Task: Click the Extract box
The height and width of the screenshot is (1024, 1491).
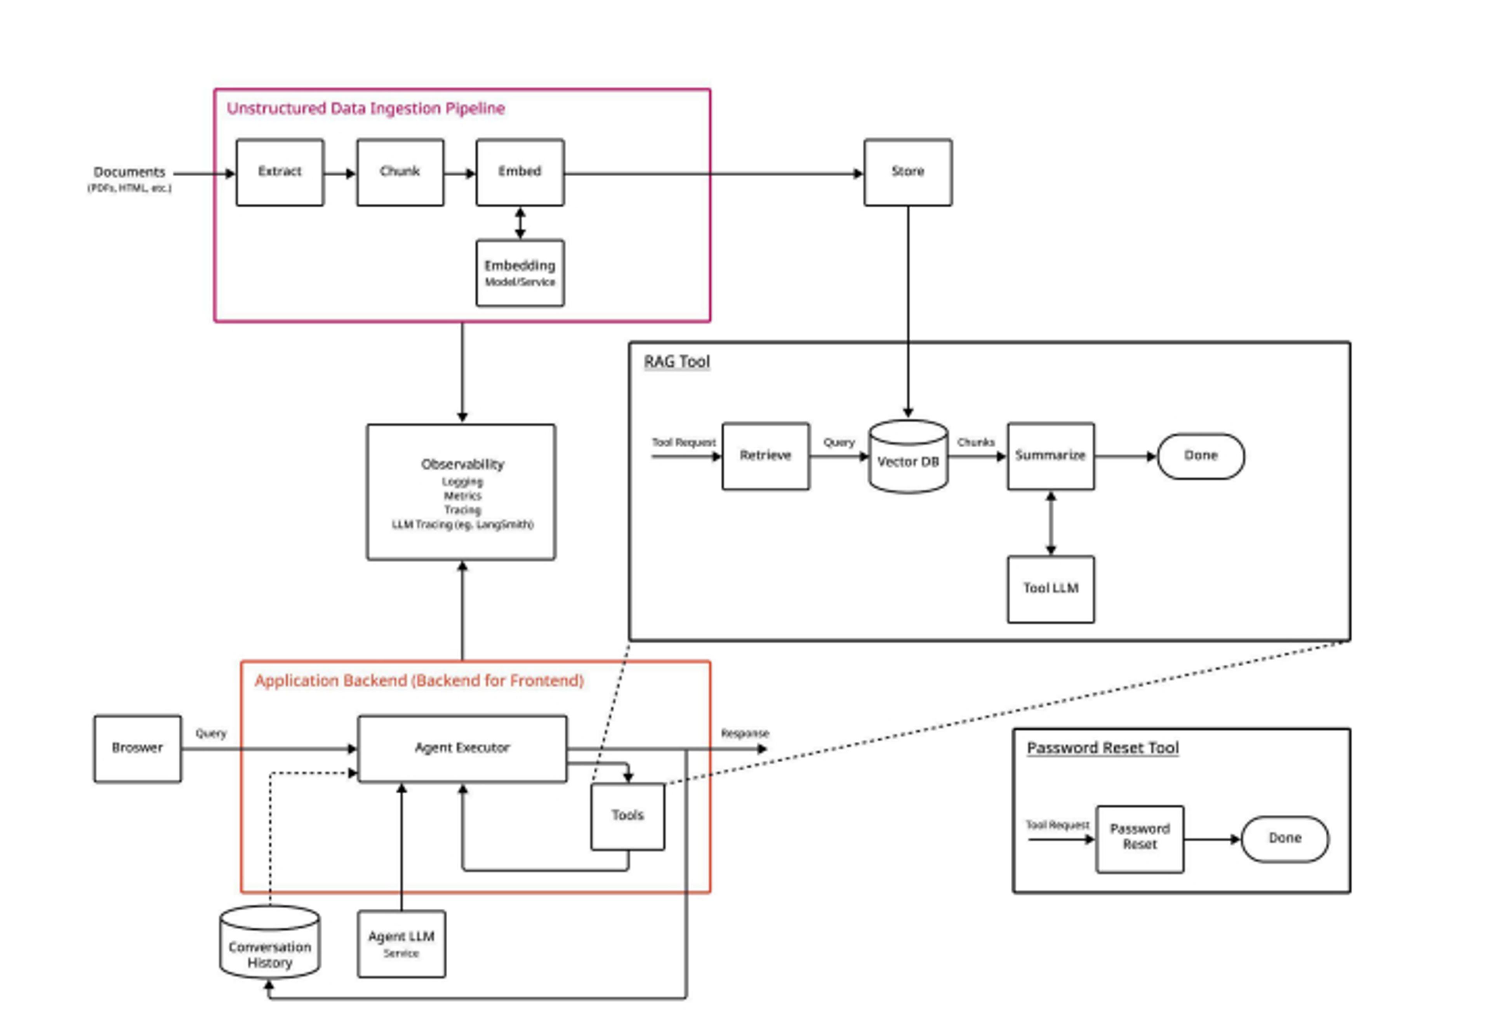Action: pos(280,172)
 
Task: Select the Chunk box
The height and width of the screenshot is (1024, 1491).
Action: pos(400,172)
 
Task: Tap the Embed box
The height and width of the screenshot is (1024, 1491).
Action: pos(520,172)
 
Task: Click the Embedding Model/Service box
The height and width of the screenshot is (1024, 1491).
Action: pos(520,273)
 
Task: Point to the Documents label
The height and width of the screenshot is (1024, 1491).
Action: pos(130,172)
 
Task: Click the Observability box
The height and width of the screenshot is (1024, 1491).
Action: pos(461,492)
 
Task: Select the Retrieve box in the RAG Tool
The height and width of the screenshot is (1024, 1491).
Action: pos(765,455)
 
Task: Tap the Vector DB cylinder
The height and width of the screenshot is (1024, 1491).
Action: pos(908,458)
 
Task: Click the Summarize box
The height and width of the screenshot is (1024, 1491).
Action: pos(1050,455)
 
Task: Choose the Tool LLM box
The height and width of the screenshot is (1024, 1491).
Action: pos(1050,588)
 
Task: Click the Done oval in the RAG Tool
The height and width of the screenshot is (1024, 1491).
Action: pos(1200,455)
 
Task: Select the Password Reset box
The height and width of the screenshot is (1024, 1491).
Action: pos(1140,838)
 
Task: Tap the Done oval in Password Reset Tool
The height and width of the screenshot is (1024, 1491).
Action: pos(1284,838)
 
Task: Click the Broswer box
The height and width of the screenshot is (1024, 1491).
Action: pos(137,748)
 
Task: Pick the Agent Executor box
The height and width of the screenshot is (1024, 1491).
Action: pos(462,748)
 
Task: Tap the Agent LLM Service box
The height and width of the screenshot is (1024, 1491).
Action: pos(401,943)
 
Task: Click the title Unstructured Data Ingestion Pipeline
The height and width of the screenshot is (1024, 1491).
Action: pos(366,108)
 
